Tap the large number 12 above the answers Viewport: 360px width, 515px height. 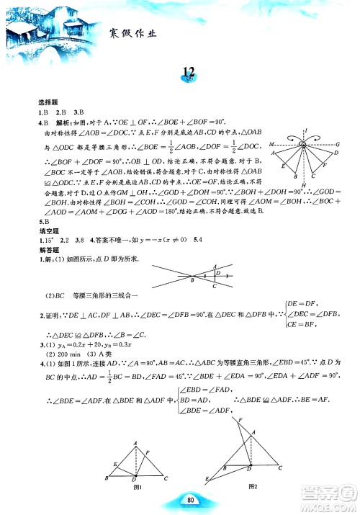190,71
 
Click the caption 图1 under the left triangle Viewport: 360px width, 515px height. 135,488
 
